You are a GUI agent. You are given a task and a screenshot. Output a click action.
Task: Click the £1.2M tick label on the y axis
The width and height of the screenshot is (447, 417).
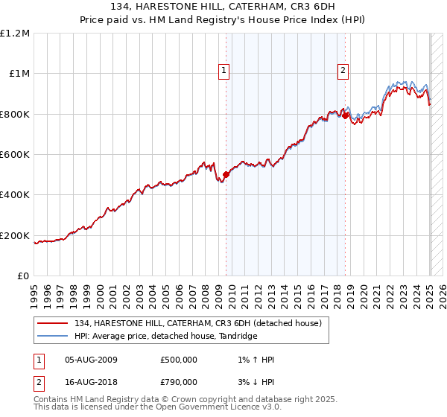pyautogui.click(x=14, y=33)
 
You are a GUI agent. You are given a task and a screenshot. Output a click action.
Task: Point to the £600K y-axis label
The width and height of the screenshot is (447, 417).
pyautogui.click(x=14, y=154)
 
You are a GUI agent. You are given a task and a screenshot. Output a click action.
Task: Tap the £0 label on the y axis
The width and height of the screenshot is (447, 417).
pyautogui.click(x=22, y=276)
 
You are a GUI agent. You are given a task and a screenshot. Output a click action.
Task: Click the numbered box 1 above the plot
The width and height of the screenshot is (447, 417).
pyautogui.click(x=224, y=71)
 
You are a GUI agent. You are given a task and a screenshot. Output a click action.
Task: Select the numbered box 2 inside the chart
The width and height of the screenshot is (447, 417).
pyautogui.click(x=343, y=71)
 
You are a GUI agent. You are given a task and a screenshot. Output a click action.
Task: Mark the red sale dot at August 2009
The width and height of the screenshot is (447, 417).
pyautogui.click(x=226, y=175)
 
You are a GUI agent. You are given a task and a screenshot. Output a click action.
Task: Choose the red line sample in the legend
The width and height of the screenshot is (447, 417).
pyautogui.click(x=53, y=323)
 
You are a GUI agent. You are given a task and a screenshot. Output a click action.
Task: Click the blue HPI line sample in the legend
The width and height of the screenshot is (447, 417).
pyautogui.click(x=53, y=337)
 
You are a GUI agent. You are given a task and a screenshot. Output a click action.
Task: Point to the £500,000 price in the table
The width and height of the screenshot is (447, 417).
pyautogui.click(x=179, y=360)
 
